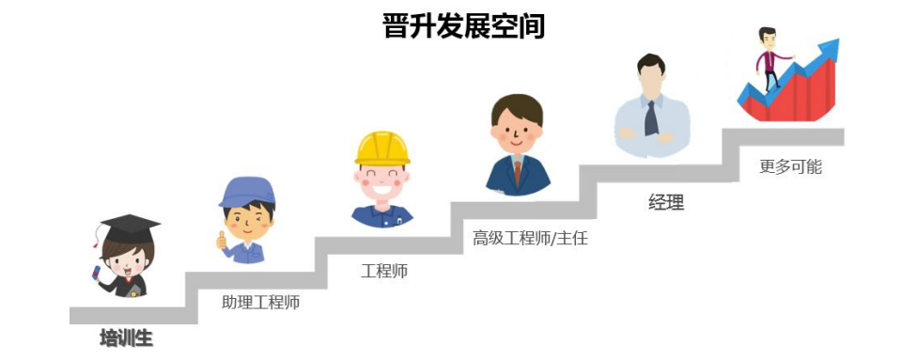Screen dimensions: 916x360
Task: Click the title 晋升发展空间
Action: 463,26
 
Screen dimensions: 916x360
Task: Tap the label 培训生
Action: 126,338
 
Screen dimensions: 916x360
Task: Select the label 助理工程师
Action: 260,303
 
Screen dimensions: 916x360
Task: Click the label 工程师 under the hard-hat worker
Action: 384,271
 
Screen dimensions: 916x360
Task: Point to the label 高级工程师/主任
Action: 530,239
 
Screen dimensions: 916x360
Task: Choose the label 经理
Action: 666,203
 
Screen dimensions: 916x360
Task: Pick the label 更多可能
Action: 790,166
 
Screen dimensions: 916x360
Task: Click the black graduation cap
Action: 130,227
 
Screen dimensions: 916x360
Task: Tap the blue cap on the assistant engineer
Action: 247,193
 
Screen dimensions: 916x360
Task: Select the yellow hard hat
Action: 382,149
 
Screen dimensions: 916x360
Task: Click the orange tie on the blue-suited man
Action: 517,171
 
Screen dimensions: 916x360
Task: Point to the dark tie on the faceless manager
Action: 651,118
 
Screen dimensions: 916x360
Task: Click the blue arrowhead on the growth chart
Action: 829,49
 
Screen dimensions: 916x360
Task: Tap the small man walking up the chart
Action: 771,59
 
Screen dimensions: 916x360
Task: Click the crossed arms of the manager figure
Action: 646,135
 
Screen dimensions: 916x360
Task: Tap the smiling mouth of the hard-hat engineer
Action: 382,189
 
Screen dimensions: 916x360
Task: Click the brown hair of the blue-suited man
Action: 517,109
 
